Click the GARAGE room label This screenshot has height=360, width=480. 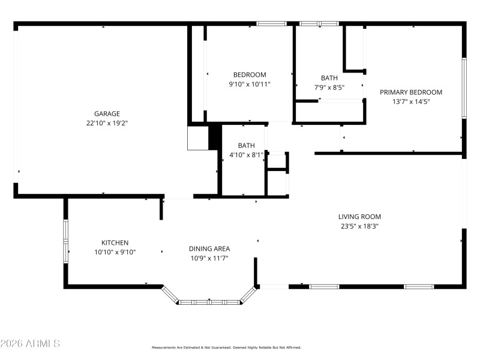[107, 113]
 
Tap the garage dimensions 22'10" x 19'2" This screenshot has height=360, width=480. [107, 123]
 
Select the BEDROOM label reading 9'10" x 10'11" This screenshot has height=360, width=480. [250, 75]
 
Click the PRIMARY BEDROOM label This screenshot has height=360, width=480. [411, 92]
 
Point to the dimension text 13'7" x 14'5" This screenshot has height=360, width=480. [411, 102]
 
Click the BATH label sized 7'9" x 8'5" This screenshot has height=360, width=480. [329, 78]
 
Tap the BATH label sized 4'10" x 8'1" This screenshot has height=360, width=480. [246, 145]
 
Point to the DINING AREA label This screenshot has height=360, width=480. [209, 248]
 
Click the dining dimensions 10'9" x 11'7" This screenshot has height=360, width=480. [209, 258]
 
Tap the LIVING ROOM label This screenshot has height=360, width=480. [359, 217]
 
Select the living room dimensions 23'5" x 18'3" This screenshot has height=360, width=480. [359, 226]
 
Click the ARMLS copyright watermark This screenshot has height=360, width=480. [30, 344]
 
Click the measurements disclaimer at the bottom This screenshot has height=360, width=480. [226, 347]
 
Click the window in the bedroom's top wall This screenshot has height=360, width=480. [271, 24]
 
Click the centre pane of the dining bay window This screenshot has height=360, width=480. [209, 301]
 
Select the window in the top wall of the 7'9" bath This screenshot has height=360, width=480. [319, 24]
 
